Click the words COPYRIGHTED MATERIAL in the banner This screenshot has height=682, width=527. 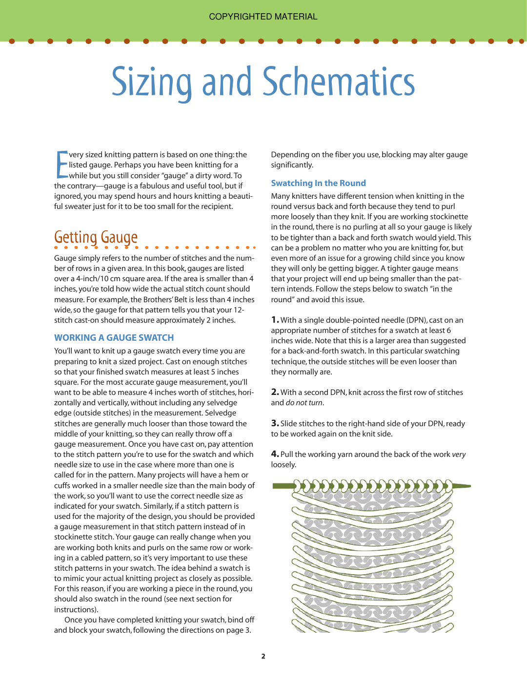tap(263, 17)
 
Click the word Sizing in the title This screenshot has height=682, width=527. tap(152, 82)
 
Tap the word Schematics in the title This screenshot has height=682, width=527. tap(339, 82)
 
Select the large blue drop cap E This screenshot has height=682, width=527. tap(61, 165)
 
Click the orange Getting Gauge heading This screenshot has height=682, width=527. tap(96, 237)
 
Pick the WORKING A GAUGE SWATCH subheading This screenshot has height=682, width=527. tap(114, 338)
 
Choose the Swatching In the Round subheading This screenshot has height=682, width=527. tap(318, 183)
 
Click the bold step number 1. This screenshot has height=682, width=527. tap(274, 320)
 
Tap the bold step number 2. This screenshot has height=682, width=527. tap(274, 392)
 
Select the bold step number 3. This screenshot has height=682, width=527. tap(274, 423)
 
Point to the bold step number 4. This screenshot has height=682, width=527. tap(274, 454)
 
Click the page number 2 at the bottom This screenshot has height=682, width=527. tap(263, 656)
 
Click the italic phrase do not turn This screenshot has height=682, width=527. tap(304, 403)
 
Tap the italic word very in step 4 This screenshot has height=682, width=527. tap(459, 455)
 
